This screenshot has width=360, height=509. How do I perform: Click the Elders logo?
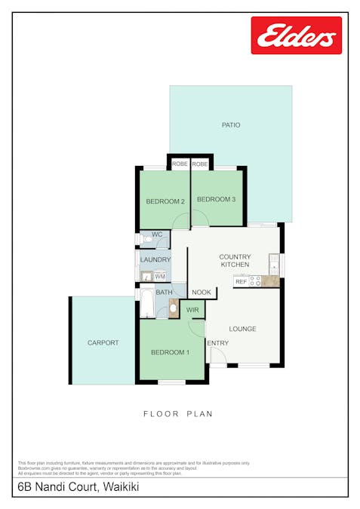click(x=296, y=35)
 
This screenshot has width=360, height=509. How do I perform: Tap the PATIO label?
click(x=230, y=125)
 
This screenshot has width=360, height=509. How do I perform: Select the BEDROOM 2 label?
click(x=165, y=201)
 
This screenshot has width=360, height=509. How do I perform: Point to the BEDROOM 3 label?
click(x=216, y=199)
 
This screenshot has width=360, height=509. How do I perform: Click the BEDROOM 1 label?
click(x=170, y=352)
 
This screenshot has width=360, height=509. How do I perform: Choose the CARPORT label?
click(x=103, y=342)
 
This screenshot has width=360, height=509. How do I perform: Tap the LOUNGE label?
click(x=242, y=329)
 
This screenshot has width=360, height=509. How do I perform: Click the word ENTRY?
click(x=218, y=344)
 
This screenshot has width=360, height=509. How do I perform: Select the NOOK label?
click(x=202, y=293)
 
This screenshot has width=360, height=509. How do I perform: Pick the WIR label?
click(x=192, y=309)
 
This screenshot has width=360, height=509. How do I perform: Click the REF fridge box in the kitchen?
click(x=241, y=281)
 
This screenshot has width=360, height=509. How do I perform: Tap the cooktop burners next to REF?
click(x=255, y=281)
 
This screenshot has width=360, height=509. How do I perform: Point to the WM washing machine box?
click(x=160, y=277)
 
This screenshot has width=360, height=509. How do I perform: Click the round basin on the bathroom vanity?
click(x=174, y=308)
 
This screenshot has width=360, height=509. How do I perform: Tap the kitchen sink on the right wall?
click(x=275, y=263)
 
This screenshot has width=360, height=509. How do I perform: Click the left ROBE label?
click(x=180, y=164)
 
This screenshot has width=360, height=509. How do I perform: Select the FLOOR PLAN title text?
click(x=178, y=414)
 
